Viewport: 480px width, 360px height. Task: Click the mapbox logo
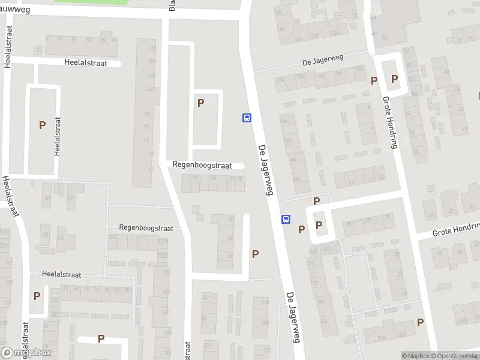(x=26, y=353)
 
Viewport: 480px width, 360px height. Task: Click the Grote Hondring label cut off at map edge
(x=457, y=228)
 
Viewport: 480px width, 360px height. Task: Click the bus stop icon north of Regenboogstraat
(x=246, y=118)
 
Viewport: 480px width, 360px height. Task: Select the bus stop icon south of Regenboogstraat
(x=286, y=219)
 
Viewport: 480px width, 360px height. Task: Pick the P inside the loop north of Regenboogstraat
(x=200, y=103)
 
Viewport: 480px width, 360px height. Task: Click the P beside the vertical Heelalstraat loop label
(x=42, y=125)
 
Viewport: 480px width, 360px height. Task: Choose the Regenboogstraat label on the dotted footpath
(x=146, y=228)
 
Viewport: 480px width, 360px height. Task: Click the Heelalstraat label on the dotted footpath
(x=66, y=274)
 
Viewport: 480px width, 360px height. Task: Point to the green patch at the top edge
(x=91, y=2)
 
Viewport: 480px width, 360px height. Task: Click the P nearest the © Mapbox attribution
(x=420, y=322)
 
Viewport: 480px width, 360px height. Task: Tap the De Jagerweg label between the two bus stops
(x=265, y=170)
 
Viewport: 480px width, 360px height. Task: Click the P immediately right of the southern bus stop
(x=301, y=229)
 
